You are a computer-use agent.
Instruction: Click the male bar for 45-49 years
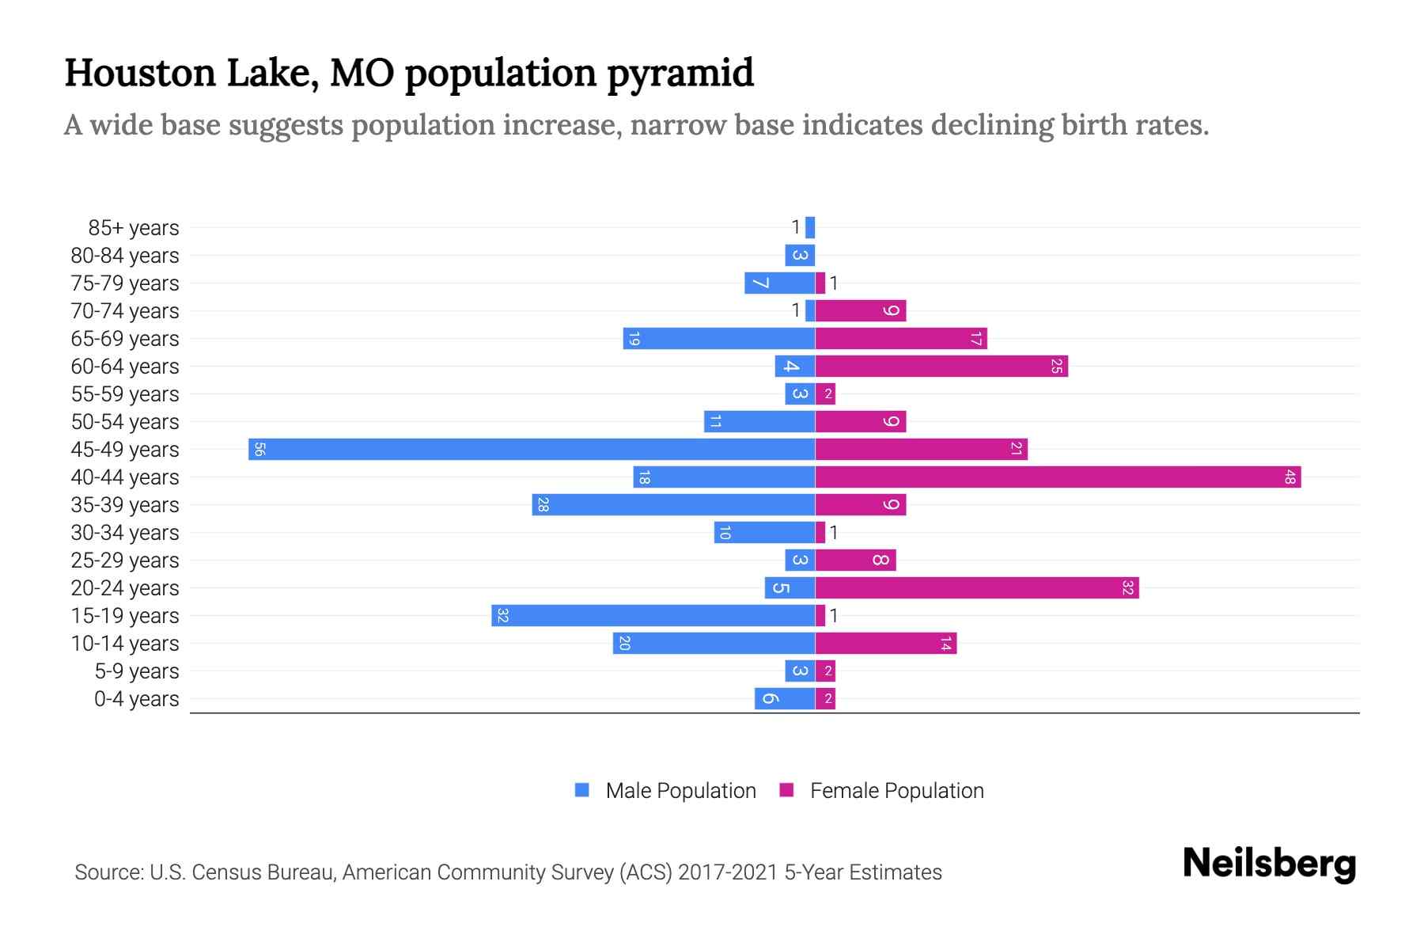point(532,449)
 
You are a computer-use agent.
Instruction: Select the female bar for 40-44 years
point(1058,477)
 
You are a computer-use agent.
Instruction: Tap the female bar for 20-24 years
point(977,587)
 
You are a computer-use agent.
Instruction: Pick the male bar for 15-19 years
point(653,615)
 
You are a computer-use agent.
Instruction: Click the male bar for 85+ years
point(810,227)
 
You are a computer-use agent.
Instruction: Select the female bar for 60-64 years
point(941,366)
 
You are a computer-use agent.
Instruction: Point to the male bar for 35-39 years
point(674,504)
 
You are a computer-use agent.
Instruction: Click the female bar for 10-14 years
point(886,643)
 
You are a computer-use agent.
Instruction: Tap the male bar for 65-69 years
point(719,338)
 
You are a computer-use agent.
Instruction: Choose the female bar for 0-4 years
point(825,698)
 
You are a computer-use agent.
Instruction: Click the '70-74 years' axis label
point(125,311)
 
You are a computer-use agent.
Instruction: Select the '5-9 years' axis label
point(137,671)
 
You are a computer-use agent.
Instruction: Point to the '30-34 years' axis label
point(125,533)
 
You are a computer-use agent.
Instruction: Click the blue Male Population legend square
point(582,790)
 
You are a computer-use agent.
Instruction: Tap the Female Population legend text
point(896,791)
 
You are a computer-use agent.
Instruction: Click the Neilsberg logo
point(1269,864)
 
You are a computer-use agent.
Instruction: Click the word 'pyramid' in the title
point(680,74)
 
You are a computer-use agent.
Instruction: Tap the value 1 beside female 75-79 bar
point(834,283)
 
